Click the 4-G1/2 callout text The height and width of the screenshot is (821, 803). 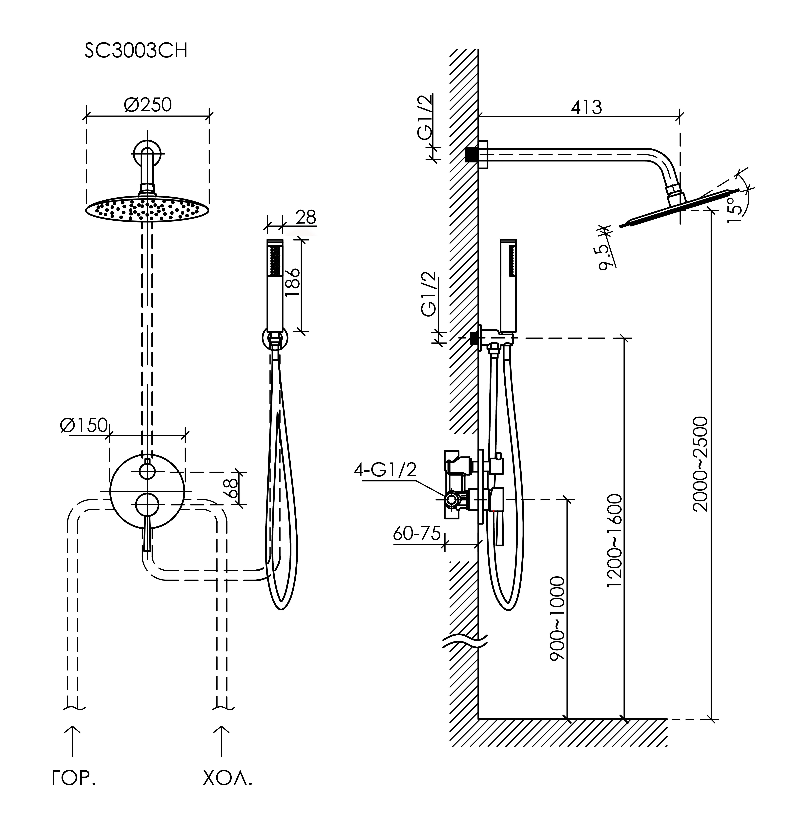[x=385, y=470]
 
